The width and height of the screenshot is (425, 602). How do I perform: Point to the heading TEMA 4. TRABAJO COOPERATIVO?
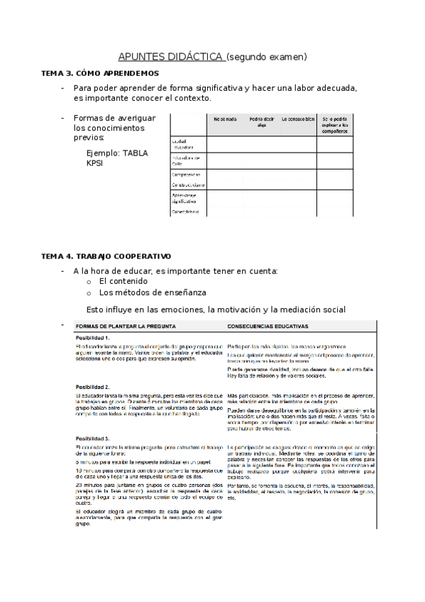point(106,256)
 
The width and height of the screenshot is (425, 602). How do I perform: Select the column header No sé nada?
point(223,119)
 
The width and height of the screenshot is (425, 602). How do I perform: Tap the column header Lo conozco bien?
point(298,119)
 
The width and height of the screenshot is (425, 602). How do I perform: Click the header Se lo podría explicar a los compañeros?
point(334,124)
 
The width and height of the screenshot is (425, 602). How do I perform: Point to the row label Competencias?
point(186,174)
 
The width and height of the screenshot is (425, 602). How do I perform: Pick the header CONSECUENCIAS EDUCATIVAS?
point(267,326)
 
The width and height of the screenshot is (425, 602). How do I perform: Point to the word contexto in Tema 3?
point(192,98)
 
